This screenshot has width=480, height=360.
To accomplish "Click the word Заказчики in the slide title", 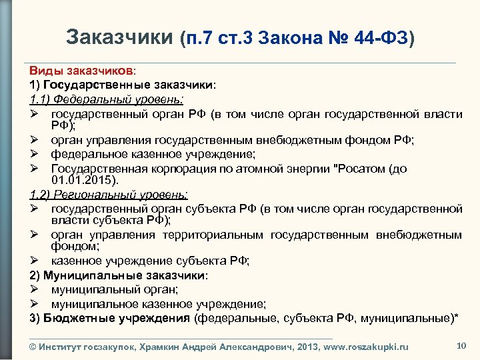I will [x=120, y=37].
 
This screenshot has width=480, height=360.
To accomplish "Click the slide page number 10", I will [x=460, y=345].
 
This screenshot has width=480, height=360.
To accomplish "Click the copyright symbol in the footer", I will [x=33, y=347].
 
